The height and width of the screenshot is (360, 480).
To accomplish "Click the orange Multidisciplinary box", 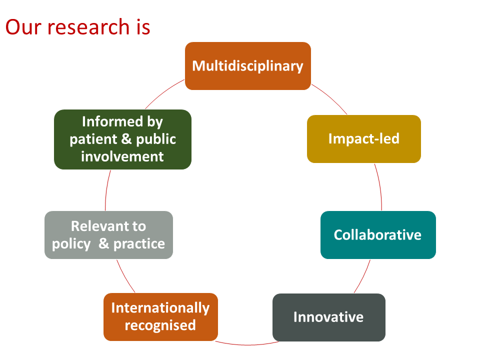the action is click(x=248, y=66).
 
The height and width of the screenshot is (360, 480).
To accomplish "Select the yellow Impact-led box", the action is click(x=364, y=139).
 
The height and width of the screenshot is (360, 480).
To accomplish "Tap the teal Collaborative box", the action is click(x=378, y=235).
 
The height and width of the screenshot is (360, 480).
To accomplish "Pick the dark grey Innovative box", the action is click(x=329, y=317).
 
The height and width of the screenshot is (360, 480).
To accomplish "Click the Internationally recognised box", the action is click(x=160, y=317).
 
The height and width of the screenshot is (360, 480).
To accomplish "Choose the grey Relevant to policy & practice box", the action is click(x=108, y=235).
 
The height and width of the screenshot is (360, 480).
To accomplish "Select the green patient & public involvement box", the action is click(x=123, y=139).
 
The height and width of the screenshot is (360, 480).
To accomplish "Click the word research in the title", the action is click(x=88, y=27).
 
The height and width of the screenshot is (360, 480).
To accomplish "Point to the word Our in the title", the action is click(x=23, y=27).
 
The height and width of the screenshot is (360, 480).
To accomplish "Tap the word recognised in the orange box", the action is click(x=160, y=325).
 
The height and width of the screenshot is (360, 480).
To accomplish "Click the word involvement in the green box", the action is click(x=122, y=156).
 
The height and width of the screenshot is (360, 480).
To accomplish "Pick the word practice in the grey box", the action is click(x=139, y=244).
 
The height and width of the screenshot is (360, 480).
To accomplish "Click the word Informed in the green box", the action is click(x=112, y=121).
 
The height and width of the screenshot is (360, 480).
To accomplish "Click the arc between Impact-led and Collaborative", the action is click(x=380, y=186).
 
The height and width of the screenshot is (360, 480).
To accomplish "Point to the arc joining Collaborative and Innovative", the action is click(x=363, y=276).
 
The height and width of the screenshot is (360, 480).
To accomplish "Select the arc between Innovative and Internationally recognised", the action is click(x=246, y=344).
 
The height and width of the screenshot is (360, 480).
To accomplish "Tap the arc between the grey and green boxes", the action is click(x=106, y=190).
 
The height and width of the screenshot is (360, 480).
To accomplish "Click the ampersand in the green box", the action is click(x=126, y=138).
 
